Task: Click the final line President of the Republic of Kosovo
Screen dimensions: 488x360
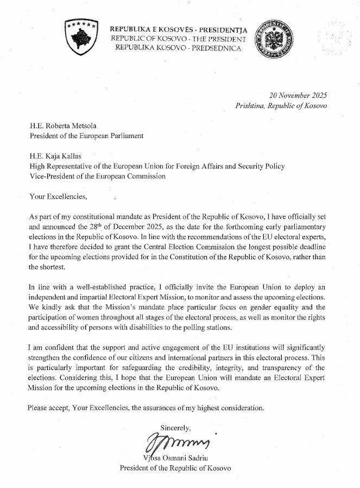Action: (175, 468)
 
